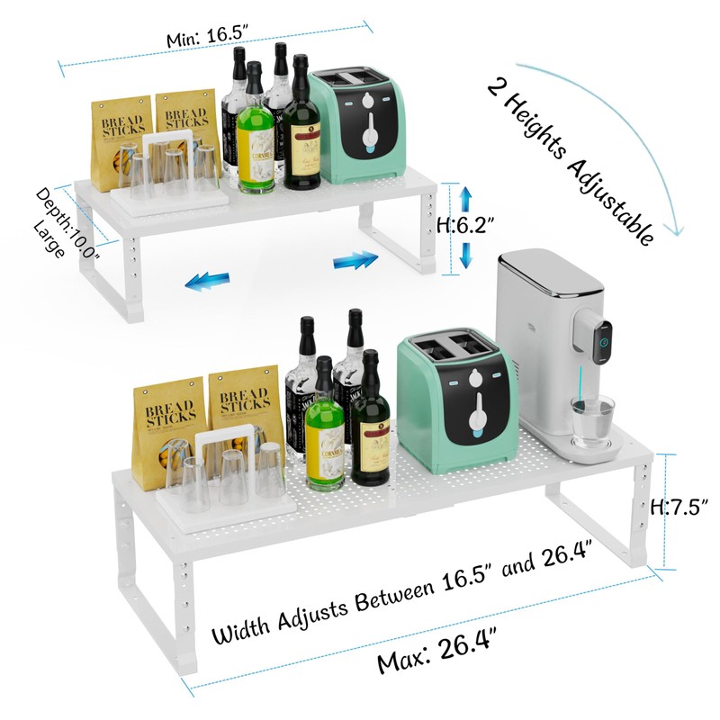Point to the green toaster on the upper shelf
tap(355, 126)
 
